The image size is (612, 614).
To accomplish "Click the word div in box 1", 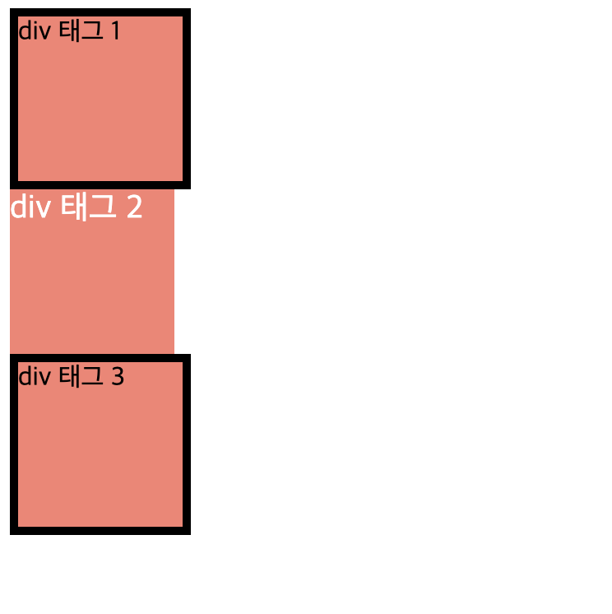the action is click(x=35, y=31).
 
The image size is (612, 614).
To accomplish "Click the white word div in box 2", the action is click(x=30, y=207).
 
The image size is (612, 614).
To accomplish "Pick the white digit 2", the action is click(x=134, y=207).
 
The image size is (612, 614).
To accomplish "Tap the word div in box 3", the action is click(x=35, y=377).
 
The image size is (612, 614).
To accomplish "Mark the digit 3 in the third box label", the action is click(x=117, y=377).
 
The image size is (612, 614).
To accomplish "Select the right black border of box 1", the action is click(x=187, y=99).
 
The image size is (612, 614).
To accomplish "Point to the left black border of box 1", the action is click(x=14, y=99).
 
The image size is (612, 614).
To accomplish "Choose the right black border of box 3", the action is click(x=187, y=444).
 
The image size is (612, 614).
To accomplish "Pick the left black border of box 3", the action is click(x=14, y=444).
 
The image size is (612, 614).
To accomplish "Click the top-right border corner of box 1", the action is click(x=187, y=12).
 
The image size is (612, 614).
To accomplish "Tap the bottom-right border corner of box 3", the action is click(x=187, y=531).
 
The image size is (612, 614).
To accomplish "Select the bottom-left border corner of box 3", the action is click(x=14, y=531).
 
